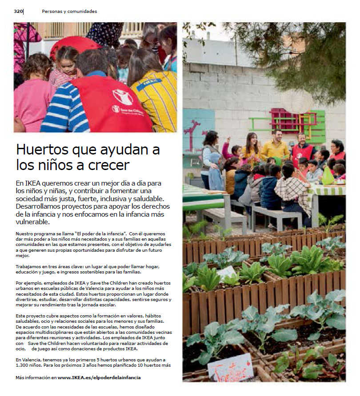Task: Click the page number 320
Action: tap(18, 11)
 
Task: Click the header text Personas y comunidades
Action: tap(69, 11)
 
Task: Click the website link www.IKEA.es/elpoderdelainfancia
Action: tap(100, 377)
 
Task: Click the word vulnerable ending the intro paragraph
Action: tap(32, 222)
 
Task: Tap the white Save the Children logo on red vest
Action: tap(122, 97)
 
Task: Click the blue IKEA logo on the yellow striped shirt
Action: tap(149, 84)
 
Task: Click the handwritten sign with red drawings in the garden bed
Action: tap(230, 368)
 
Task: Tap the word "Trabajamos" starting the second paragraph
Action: tap(30, 266)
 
